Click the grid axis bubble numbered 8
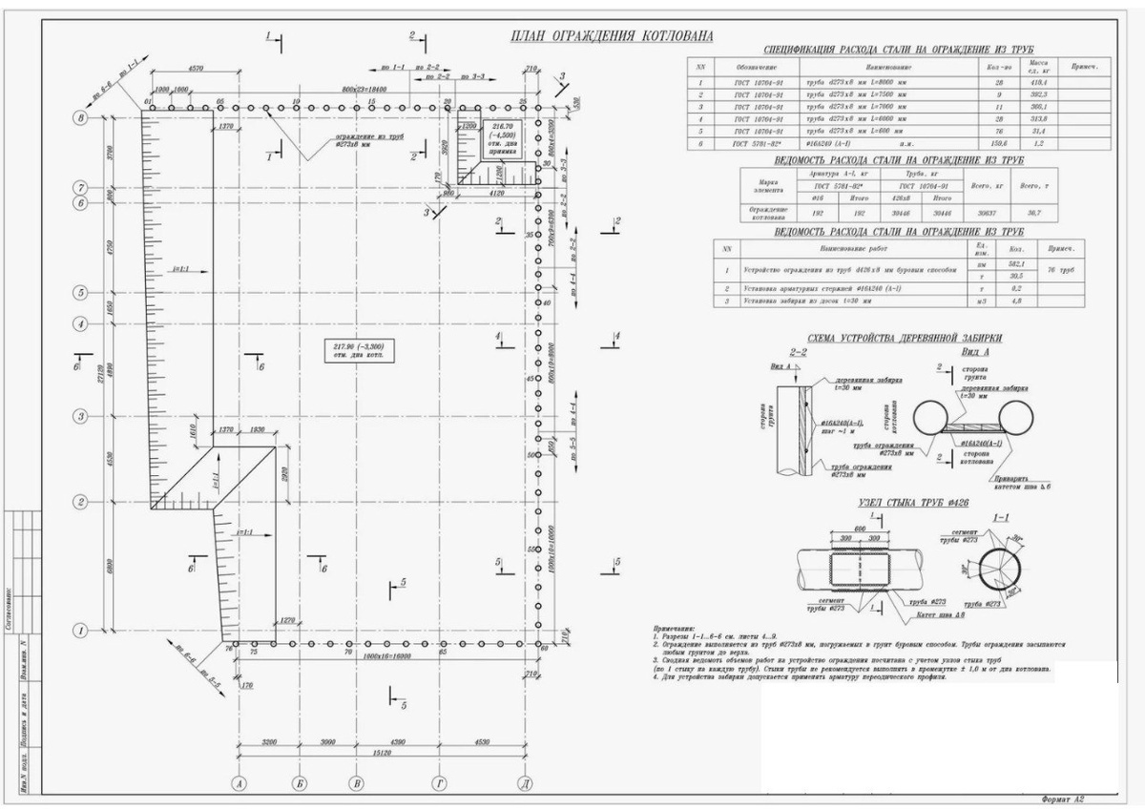81,118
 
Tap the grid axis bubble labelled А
239,783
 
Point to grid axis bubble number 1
81,630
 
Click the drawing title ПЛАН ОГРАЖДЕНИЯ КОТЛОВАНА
611,37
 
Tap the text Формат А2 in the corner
1061,798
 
